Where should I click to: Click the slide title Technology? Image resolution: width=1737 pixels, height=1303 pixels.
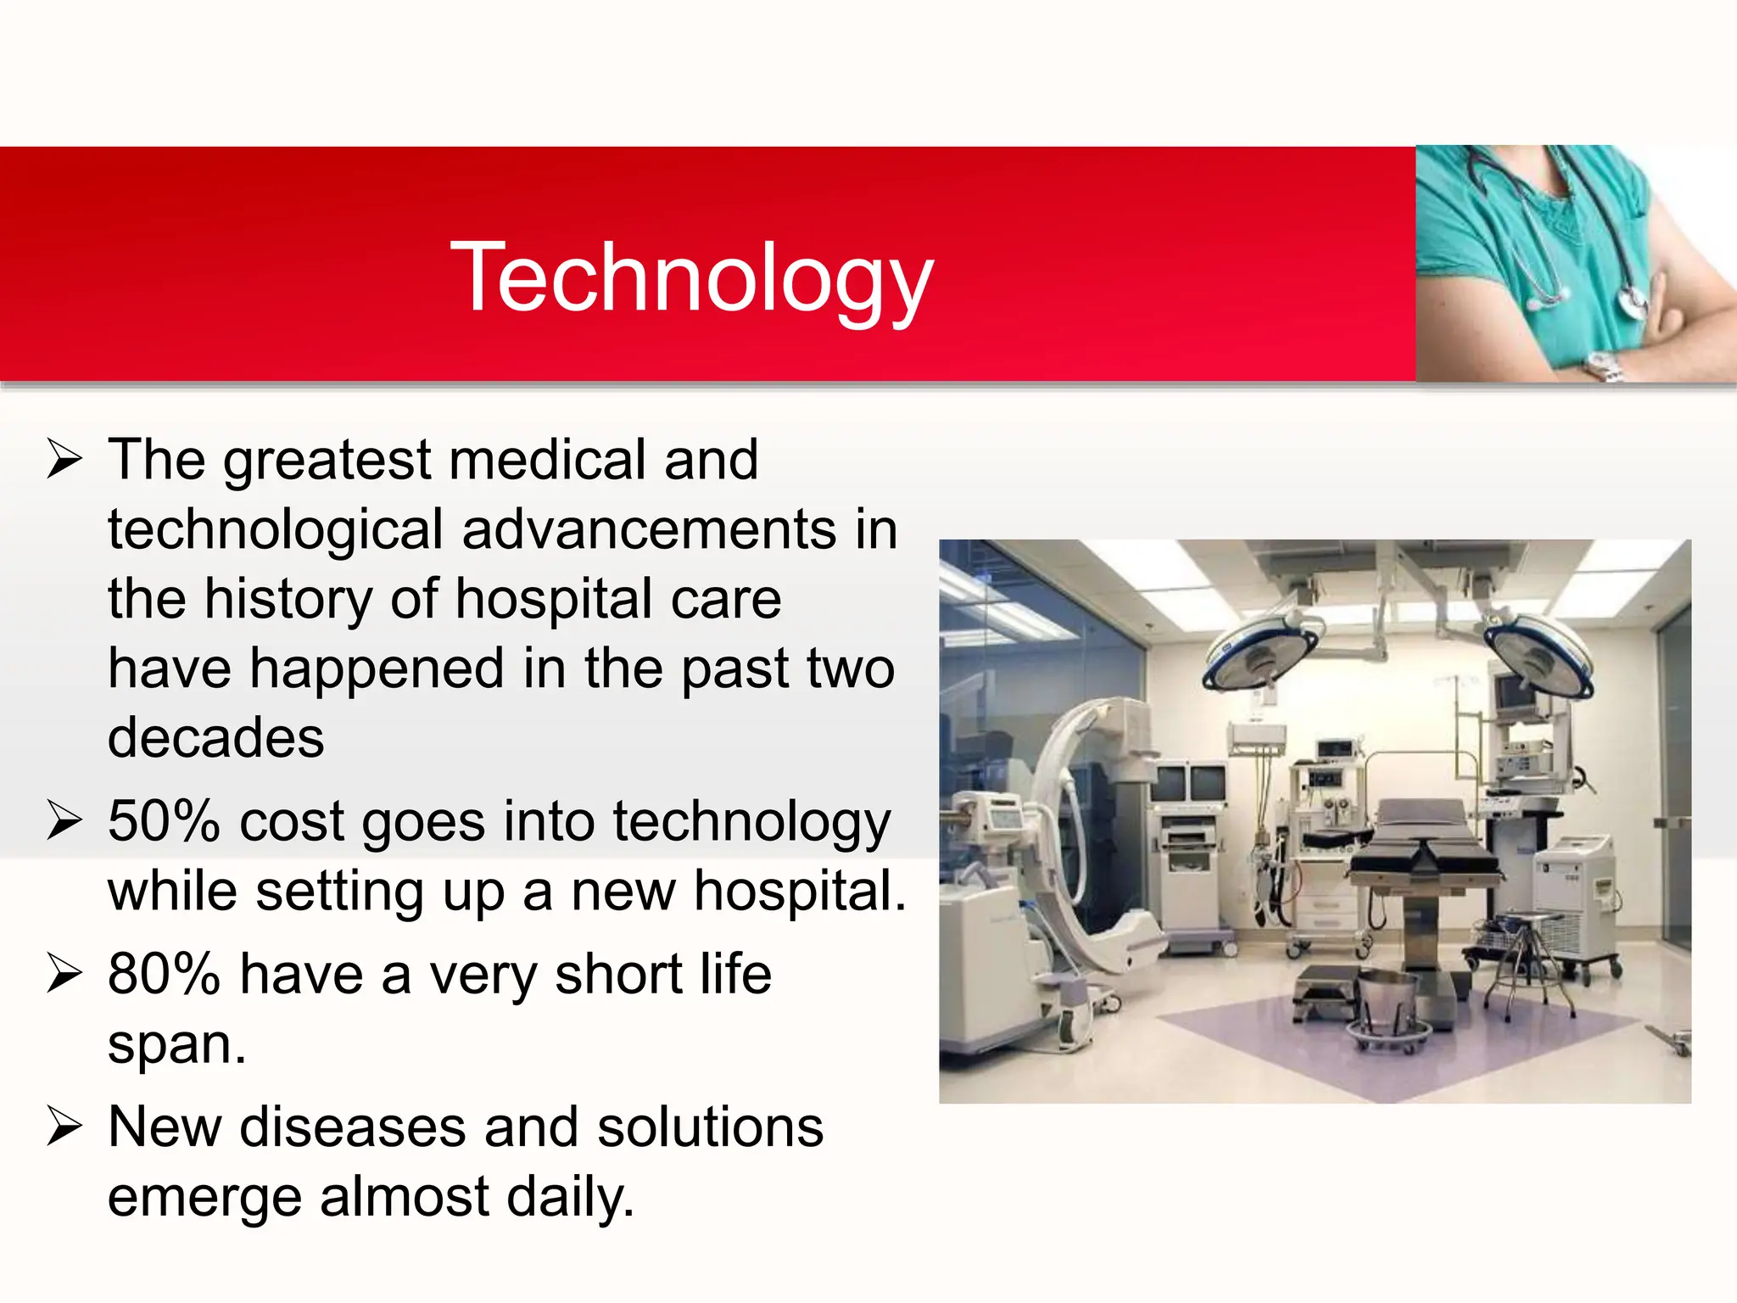[691, 277]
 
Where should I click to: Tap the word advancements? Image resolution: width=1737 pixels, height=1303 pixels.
[649, 530]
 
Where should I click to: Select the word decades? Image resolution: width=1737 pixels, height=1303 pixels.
[215, 737]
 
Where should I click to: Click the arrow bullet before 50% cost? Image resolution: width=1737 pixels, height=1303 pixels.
[64, 820]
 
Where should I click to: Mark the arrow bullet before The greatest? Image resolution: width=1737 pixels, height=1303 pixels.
[64, 459]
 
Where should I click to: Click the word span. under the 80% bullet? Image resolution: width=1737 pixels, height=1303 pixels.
[176, 1045]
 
